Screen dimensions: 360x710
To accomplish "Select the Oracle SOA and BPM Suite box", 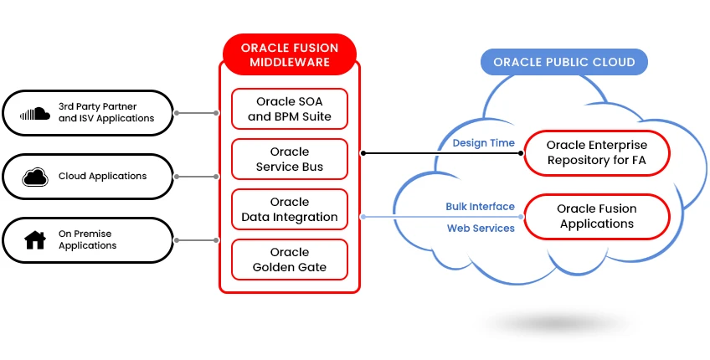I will pos(290,109).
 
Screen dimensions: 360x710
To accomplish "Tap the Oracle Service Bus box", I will pos(290,159).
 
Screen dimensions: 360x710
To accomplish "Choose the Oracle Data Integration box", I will pos(290,209).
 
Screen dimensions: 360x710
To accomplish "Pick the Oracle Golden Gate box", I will pos(290,260).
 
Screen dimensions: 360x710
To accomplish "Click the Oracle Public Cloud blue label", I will pos(563,62).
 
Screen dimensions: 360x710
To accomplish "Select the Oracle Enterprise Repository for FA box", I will pos(597,152).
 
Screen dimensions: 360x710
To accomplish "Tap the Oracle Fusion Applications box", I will pos(597,216).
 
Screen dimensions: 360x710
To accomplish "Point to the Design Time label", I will pos(483,143).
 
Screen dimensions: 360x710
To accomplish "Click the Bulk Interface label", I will pos(480,207).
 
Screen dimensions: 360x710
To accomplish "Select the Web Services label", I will pos(481,228).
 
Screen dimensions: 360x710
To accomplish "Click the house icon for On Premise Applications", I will pos(35,240).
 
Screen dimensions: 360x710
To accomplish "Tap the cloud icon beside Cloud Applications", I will pos(34,177).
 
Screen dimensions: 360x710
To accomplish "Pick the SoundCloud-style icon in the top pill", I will pos(34,113).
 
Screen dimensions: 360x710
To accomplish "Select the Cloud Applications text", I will pos(102,176).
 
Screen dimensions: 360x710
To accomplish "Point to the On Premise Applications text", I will pos(87,239).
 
